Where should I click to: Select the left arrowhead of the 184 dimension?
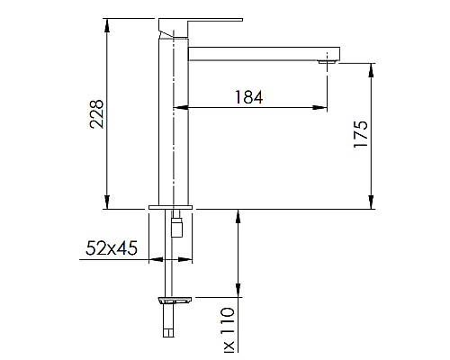(178, 108)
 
